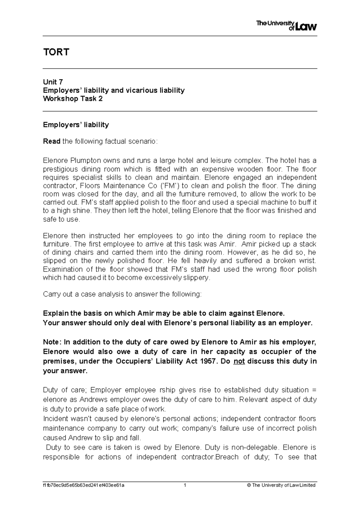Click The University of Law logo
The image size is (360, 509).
[x=286, y=26]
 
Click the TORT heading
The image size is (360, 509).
[x=56, y=52]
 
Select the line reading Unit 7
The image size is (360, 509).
[x=53, y=82]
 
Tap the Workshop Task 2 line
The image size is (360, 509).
[x=73, y=99]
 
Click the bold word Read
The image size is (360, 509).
[x=52, y=141]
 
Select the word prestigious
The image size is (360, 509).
[x=60, y=169]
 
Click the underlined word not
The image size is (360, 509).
[x=239, y=361]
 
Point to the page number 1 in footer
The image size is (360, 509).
[x=185, y=485]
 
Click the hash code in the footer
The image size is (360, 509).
[x=83, y=485]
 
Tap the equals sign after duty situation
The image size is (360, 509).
[x=314, y=390]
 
